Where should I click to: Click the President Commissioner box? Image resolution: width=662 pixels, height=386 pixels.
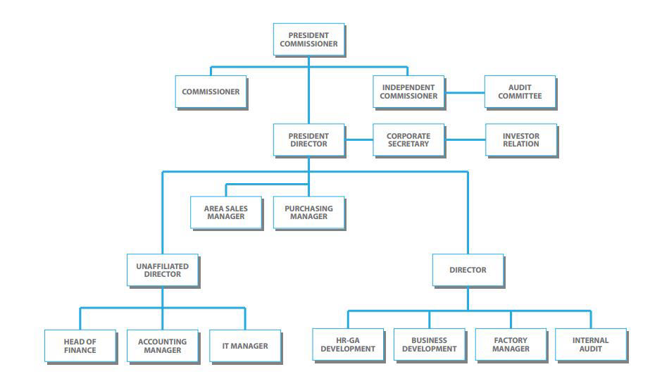click(x=308, y=39)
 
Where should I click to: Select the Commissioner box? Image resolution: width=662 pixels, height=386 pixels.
click(x=211, y=92)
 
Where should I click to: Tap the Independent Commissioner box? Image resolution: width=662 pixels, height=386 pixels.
click(x=408, y=92)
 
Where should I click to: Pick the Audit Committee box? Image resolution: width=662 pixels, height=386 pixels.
click(x=520, y=92)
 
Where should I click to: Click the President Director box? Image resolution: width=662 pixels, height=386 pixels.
click(x=308, y=139)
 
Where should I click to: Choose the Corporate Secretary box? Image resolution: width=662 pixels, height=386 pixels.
click(x=408, y=139)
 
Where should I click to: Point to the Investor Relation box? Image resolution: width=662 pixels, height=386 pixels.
click(x=520, y=139)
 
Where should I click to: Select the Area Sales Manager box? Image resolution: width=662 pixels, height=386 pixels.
click(x=226, y=213)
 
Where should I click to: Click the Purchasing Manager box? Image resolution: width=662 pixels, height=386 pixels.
click(x=308, y=213)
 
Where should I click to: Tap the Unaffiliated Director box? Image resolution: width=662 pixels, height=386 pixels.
click(x=163, y=270)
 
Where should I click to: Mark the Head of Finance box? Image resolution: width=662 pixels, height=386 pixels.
click(x=80, y=346)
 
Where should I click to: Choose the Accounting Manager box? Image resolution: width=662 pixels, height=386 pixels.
click(x=163, y=346)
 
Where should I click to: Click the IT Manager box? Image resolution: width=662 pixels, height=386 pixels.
click(x=245, y=346)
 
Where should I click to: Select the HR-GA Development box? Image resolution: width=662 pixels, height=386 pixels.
click(x=348, y=345)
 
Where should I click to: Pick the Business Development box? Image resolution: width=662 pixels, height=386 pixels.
click(x=429, y=345)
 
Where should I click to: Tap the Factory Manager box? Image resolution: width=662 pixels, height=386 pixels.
click(x=511, y=345)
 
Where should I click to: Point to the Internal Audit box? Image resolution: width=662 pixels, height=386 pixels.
click(x=591, y=345)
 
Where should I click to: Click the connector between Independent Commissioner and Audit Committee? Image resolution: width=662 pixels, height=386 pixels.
click(x=464, y=92)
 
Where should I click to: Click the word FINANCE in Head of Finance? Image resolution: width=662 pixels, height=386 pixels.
click(x=80, y=350)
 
